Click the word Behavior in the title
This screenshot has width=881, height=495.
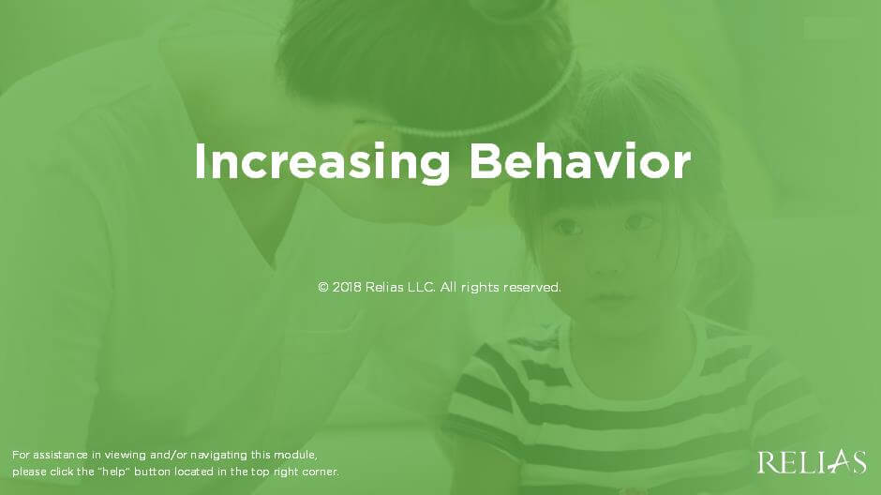580,161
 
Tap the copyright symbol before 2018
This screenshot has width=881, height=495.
323,287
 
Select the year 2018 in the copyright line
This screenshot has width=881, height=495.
347,287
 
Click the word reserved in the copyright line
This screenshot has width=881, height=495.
531,287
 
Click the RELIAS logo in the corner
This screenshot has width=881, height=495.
812,462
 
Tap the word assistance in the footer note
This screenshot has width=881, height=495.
60,455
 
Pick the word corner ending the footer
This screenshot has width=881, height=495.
321,472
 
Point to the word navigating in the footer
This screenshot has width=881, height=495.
218,455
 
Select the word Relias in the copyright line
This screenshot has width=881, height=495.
384,287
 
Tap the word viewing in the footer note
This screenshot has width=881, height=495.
126,455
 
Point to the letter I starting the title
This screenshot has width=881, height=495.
200,162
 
